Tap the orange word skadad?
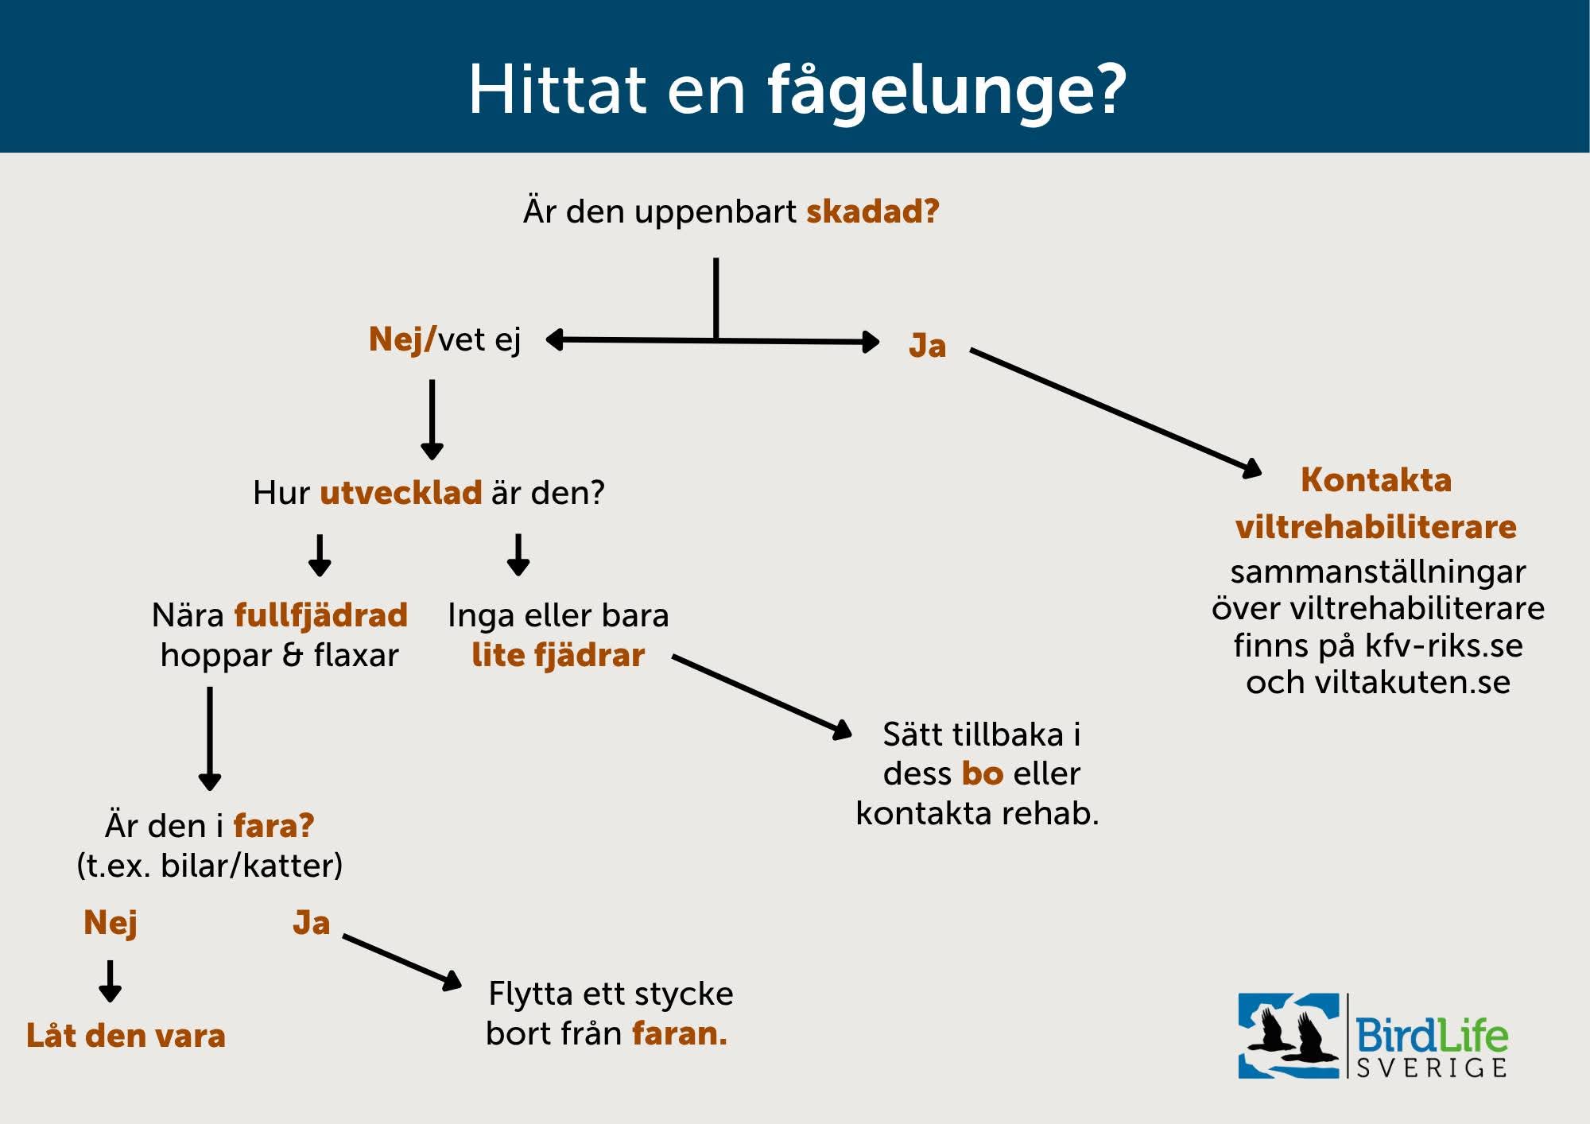873,211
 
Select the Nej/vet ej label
444,339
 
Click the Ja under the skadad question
927,347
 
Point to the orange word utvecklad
401,493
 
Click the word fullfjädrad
320,615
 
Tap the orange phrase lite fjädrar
558,655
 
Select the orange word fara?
273,826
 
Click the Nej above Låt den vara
111,923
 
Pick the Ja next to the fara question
311,923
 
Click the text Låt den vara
126,1036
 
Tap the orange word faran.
680,1033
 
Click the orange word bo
983,773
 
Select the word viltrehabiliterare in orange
1376,527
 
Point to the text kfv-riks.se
1444,645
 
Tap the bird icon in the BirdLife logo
1289,1036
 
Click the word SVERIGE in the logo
1431,1068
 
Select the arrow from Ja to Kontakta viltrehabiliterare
1116,411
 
